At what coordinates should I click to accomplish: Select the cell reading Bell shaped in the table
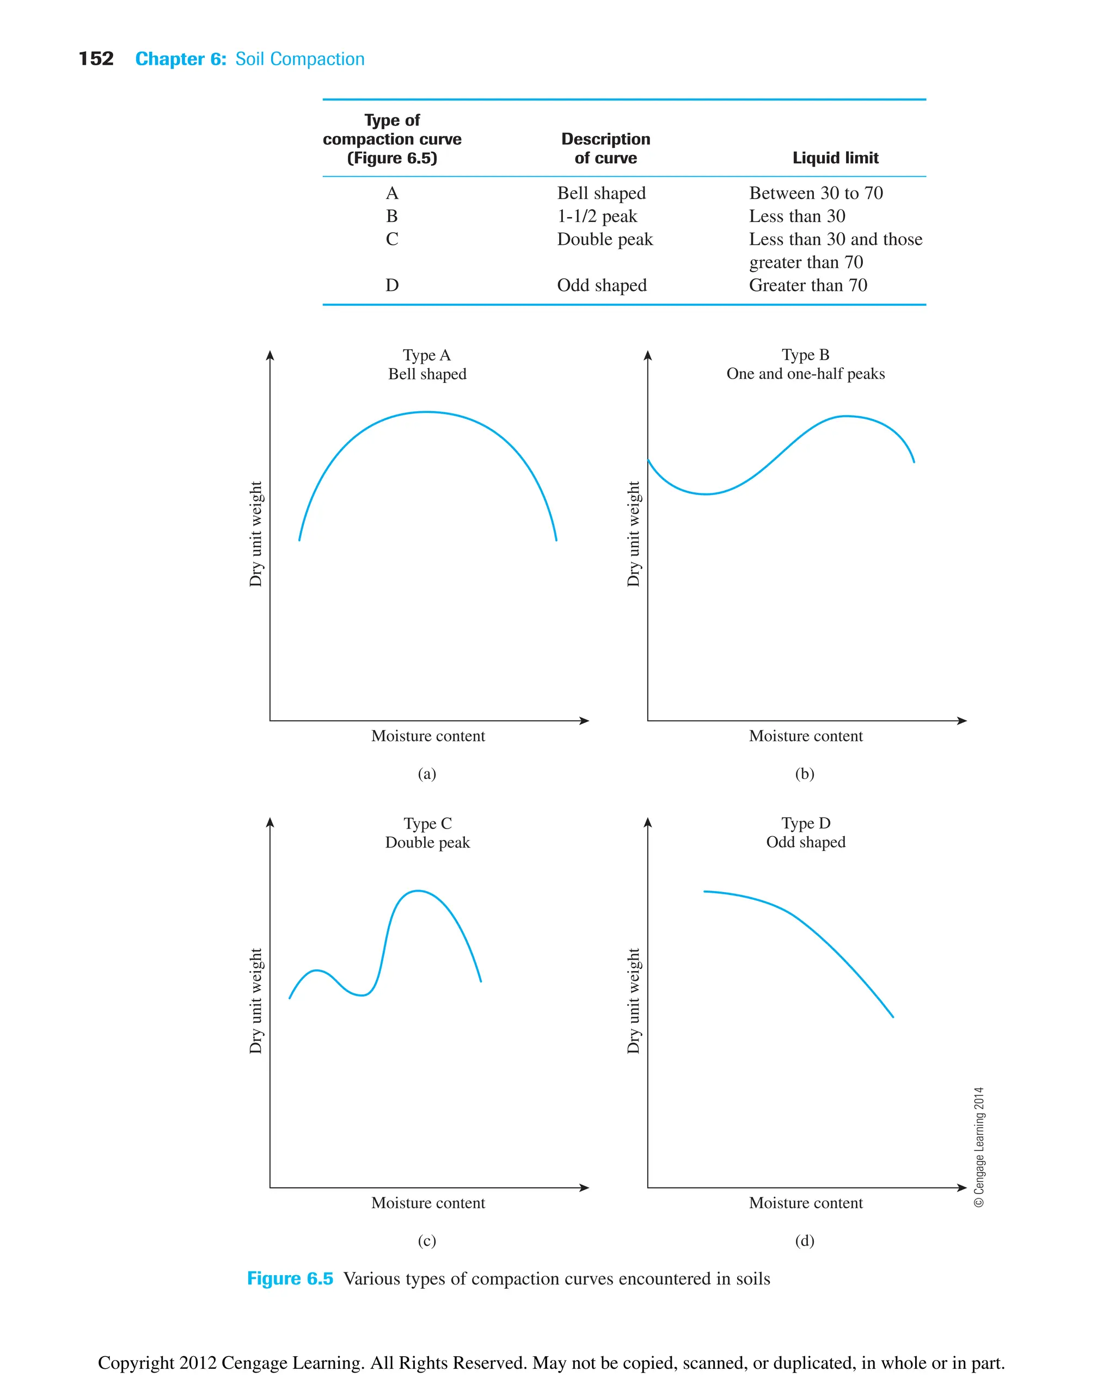tap(601, 193)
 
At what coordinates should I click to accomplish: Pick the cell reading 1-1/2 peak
tap(597, 217)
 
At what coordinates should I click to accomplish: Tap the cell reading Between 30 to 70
tap(815, 193)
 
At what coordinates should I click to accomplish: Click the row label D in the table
tap(392, 285)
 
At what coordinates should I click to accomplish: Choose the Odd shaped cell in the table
tap(601, 285)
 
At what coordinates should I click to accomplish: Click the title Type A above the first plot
tap(426, 355)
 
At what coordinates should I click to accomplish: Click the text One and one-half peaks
tap(805, 374)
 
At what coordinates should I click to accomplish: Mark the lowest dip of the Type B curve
tap(706, 493)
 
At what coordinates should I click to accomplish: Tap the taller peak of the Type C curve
tap(418, 891)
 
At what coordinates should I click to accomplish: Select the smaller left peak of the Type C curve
tap(316, 970)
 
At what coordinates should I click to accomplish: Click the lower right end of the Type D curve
tap(892, 1016)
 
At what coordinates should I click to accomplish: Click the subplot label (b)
tap(804, 774)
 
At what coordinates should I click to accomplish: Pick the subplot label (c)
tap(426, 1241)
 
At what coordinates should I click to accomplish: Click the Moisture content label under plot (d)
tap(805, 1203)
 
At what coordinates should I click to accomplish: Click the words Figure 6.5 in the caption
tap(290, 1278)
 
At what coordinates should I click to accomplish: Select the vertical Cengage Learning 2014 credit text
tap(978, 1146)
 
